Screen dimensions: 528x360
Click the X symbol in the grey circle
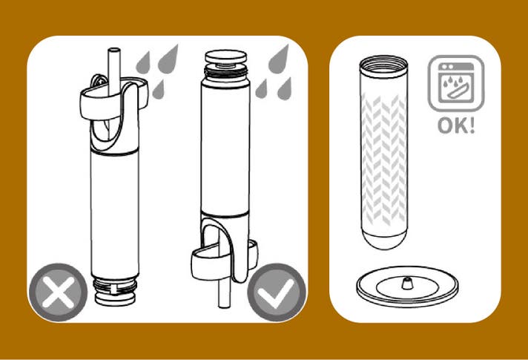(58, 292)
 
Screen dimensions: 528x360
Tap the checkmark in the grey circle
(277, 292)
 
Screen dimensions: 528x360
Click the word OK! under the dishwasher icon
(456, 125)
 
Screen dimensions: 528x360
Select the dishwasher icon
(456, 83)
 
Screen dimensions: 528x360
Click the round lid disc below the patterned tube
(407, 287)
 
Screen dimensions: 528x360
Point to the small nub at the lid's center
(407, 284)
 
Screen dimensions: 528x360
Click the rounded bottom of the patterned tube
(384, 239)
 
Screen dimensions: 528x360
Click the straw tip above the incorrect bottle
(114, 51)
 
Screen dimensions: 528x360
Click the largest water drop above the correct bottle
(279, 59)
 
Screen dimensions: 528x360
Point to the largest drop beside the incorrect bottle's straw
(168, 59)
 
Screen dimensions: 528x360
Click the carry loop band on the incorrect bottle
(114, 99)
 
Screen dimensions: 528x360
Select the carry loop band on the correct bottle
(224, 260)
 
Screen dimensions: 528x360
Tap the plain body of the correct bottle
(225, 148)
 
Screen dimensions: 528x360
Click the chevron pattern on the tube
(384, 160)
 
